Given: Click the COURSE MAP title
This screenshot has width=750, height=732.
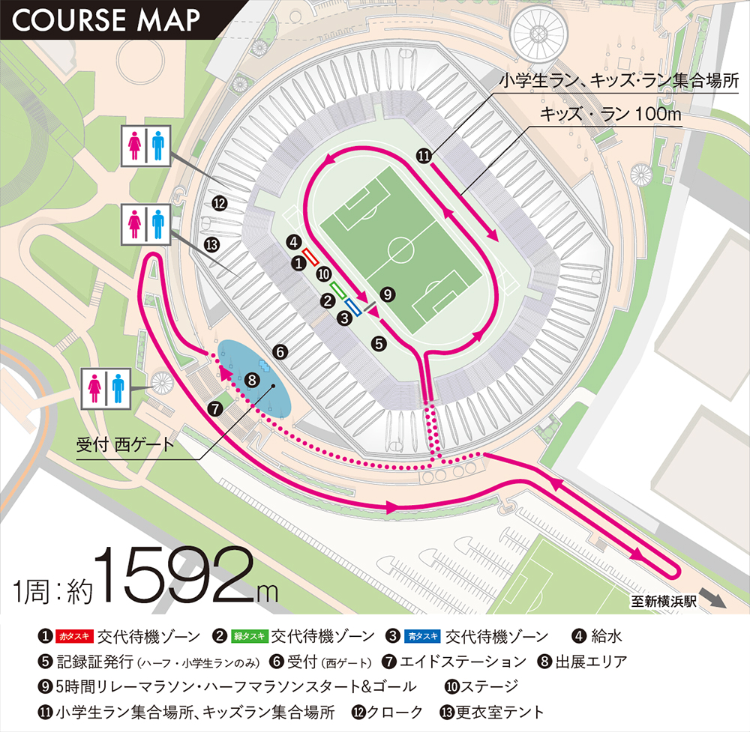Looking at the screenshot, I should [105, 20].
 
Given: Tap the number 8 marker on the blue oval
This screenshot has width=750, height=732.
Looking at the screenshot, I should [252, 381].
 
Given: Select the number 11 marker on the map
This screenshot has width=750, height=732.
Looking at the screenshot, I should [424, 157].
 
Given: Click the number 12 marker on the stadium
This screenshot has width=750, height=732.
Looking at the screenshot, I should [219, 202].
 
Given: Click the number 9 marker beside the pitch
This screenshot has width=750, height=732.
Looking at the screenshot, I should [387, 294].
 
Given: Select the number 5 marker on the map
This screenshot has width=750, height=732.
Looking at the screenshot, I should [379, 343].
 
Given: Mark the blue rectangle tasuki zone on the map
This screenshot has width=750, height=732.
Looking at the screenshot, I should [355, 308].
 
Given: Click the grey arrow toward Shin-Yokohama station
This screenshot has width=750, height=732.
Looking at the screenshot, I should [717, 600].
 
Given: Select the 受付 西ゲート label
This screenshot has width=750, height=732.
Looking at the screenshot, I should [125, 444].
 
